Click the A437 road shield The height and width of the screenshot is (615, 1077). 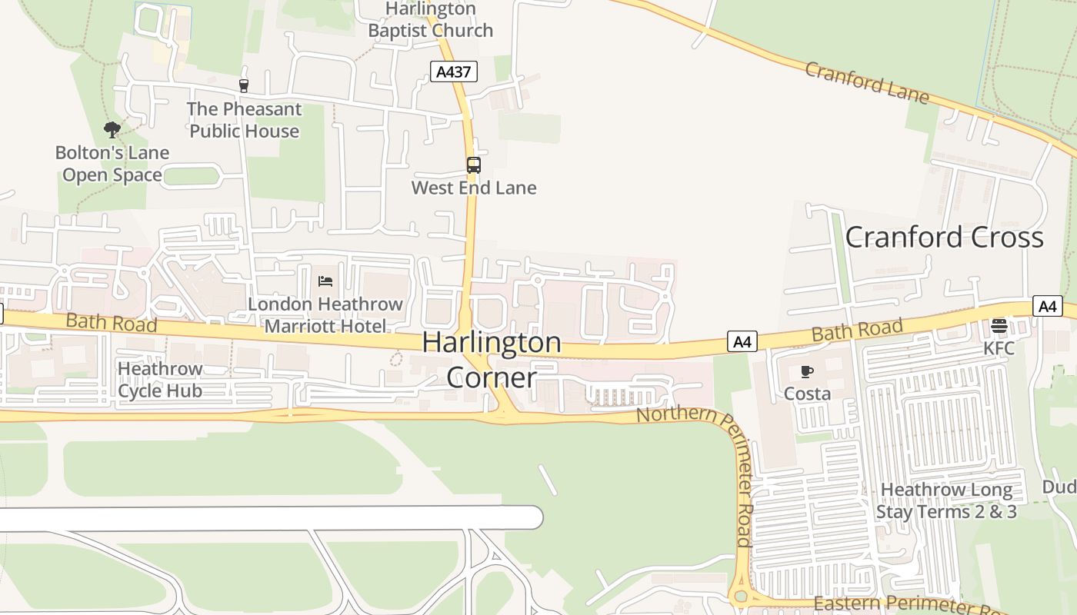point(453,72)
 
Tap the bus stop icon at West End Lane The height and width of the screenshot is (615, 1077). point(474,165)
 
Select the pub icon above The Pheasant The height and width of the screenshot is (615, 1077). point(244,85)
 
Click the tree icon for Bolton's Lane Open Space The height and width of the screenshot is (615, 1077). point(112,129)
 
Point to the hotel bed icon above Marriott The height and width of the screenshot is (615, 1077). point(325,281)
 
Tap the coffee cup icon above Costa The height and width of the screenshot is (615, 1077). point(806,372)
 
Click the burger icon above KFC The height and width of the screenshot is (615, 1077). point(999,326)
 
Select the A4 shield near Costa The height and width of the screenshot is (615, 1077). point(742,341)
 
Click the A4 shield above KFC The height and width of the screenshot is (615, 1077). point(1048,306)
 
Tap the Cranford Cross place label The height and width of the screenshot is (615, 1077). point(944,237)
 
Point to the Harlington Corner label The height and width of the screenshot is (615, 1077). point(492,360)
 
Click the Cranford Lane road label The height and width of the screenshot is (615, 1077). point(867,82)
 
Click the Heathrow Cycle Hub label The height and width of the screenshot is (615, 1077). point(160,380)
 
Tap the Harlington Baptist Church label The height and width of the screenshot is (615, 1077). point(430,20)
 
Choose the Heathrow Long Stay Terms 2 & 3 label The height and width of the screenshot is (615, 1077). point(946,500)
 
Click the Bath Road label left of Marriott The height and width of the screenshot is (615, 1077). point(112,323)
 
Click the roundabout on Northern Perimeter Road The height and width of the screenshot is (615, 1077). point(741,597)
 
